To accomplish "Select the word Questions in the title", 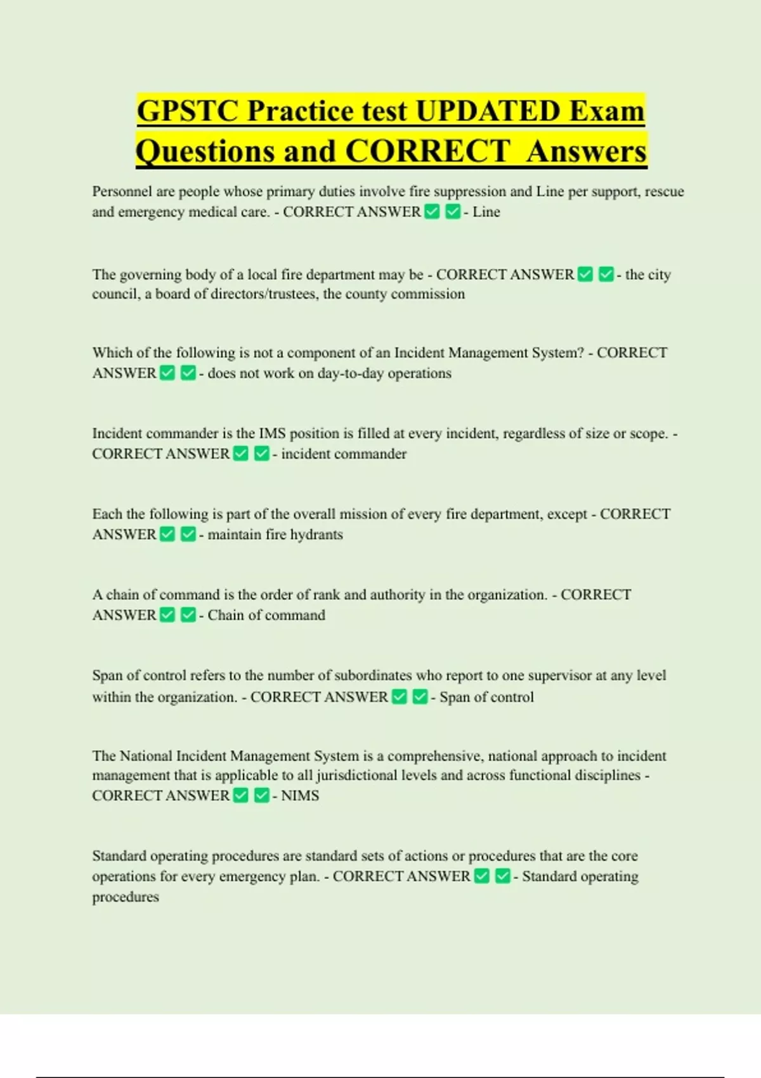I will pyautogui.click(x=205, y=152).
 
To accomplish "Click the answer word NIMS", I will pyautogui.click(x=300, y=796).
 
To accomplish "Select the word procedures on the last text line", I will pyautogui.click(x=126, y=897).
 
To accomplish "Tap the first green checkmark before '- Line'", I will pyautogui.click(x=433, y=212).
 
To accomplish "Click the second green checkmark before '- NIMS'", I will pyautogui.click(x=261, y=796).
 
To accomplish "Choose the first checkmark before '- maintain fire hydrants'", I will pyautogui.click(x=167, y=535).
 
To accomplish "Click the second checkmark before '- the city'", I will pyautogui.click(x=606, y=275).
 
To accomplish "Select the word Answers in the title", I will pyautogui.click(x=586, y=152).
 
